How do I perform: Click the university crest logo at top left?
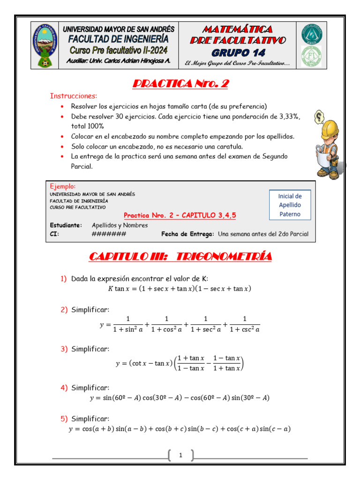pos(45,46)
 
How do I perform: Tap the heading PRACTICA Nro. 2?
pos(180,84)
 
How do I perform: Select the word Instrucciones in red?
pos(74,96)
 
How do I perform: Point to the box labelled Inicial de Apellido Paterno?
pos(290,205)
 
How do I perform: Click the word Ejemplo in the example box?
pos(62,186)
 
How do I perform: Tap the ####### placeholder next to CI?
pos(109,234)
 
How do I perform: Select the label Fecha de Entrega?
pos(187,234)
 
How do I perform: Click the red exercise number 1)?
pos(64,279)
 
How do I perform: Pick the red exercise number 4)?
pos(64,388)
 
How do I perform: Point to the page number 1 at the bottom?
pos(180,455)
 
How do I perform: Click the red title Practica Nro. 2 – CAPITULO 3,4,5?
pos(180,215)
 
